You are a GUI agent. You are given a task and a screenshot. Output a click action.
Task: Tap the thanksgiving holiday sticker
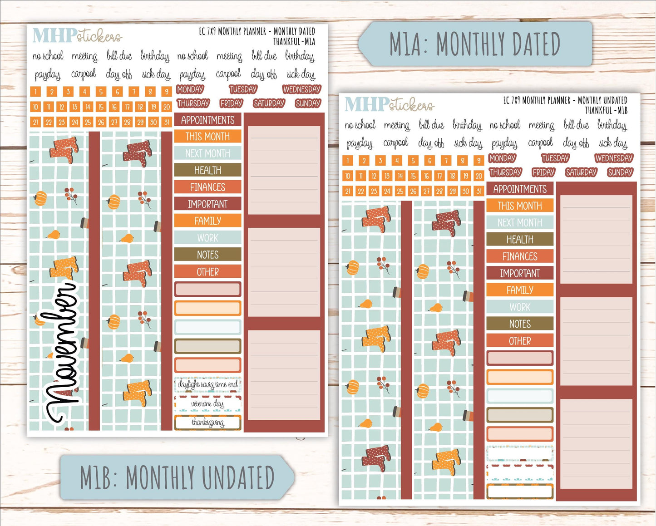coord(207,423)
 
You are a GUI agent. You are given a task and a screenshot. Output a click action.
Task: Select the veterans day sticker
coord(207,403)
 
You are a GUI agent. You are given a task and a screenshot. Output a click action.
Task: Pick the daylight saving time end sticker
coord(207,384)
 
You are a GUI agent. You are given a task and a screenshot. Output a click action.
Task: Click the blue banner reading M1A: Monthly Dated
coord(475,44)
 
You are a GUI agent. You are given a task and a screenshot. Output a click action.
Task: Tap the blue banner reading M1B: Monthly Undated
coord(177,477)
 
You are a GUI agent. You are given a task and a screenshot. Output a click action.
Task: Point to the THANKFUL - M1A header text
coord(294,41)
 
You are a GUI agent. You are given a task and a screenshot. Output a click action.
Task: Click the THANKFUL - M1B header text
coord(606,110)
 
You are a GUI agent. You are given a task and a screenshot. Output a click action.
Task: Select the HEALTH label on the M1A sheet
coord(207,170)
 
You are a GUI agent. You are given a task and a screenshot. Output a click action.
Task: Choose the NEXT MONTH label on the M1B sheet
coord(520,222)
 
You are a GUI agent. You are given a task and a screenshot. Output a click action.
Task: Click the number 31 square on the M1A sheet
coord(167,122)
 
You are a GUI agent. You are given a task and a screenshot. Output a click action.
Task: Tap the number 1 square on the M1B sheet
coord(348,160)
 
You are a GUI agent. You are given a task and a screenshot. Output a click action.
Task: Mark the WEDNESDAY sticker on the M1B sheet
coord(614,158)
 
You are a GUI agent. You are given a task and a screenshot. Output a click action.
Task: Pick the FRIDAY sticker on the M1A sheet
coord(231,103)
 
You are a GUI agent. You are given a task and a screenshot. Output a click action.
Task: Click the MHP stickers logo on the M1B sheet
coord(389,104)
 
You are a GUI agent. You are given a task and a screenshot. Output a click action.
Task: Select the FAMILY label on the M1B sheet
coord(520,290)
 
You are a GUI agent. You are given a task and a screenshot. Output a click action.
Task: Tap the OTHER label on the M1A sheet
coord(207,272)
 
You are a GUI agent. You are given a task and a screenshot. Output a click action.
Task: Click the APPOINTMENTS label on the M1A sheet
coord(207,120)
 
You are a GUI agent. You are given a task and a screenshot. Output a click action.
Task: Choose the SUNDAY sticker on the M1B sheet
coord(620,172)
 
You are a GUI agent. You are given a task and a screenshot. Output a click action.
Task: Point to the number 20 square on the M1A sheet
coord(167,107)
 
